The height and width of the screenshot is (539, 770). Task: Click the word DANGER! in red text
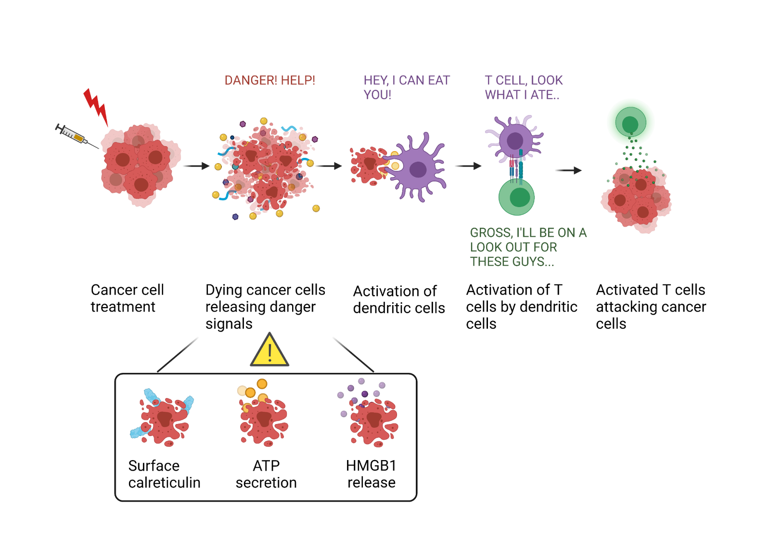coord(250,80)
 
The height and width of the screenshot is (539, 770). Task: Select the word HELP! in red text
coord(298,80)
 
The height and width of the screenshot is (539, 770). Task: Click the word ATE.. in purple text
coord(545,95)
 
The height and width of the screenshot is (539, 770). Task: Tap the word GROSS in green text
coord(491,233)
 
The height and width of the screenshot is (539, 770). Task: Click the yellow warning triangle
coord(269,350)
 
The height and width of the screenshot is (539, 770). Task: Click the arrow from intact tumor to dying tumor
coord(196,166)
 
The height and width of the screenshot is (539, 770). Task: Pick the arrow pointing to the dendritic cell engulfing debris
coord(329,166)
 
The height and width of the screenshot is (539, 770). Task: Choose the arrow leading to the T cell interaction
coord(468,166)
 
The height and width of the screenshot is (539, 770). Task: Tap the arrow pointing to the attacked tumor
coord(568,170)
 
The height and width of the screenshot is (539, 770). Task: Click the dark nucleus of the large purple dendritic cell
coord(418,169)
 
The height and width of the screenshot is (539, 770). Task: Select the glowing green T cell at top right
coord(630,122)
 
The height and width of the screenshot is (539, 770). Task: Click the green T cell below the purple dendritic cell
coord(516,197)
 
